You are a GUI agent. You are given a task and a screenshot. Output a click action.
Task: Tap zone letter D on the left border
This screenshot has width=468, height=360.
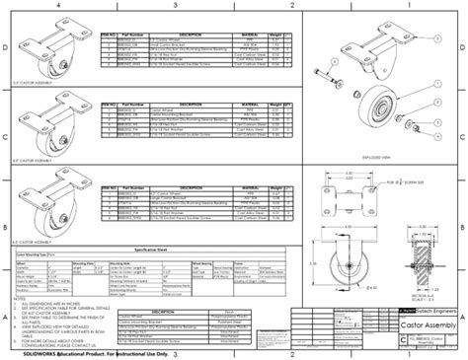coord(5,47)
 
